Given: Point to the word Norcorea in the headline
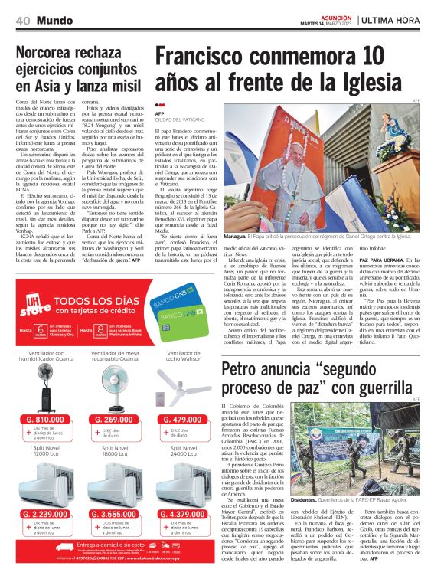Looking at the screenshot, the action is tap(51, 54).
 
